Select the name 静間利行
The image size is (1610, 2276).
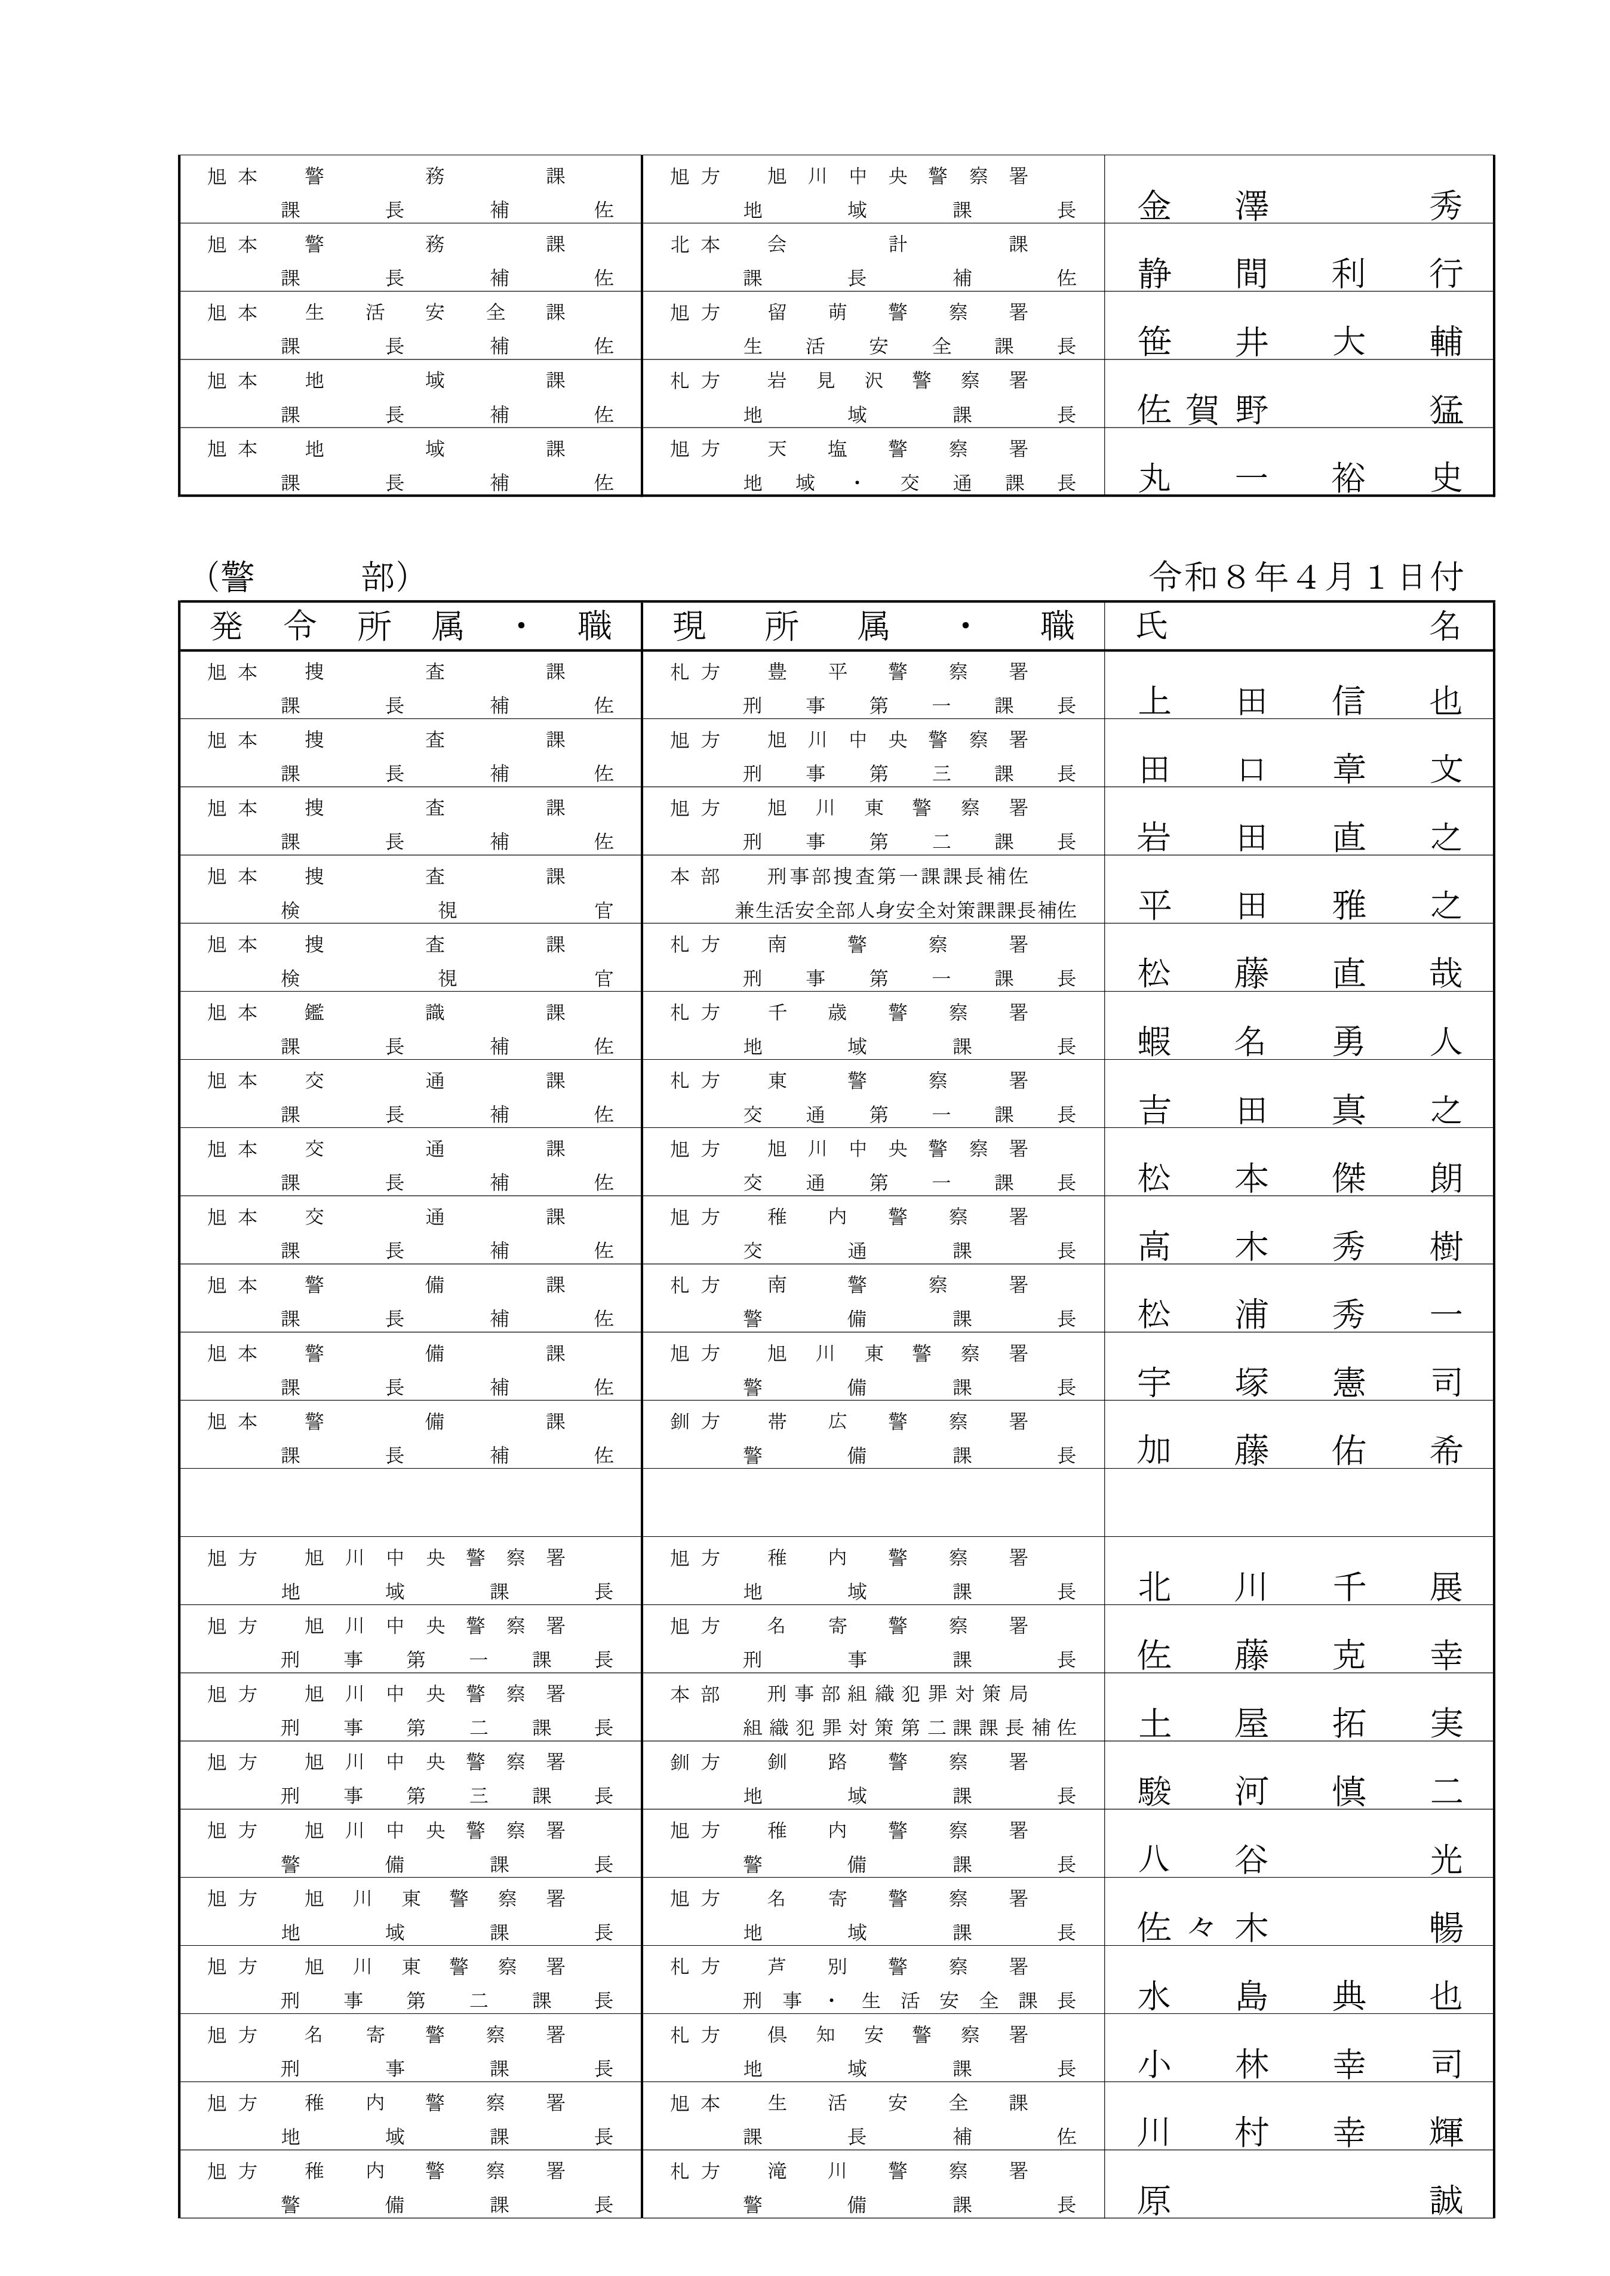click(1299, 273)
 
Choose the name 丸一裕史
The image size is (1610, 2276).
click(1299, 478)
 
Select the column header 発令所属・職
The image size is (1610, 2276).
click(410, 626)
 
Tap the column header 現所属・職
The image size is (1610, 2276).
click(872, 626)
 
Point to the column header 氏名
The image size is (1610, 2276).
click(1299, 626)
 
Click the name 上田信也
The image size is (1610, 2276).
click(1299, 702)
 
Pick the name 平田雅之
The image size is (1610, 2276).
click(1299, 906)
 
